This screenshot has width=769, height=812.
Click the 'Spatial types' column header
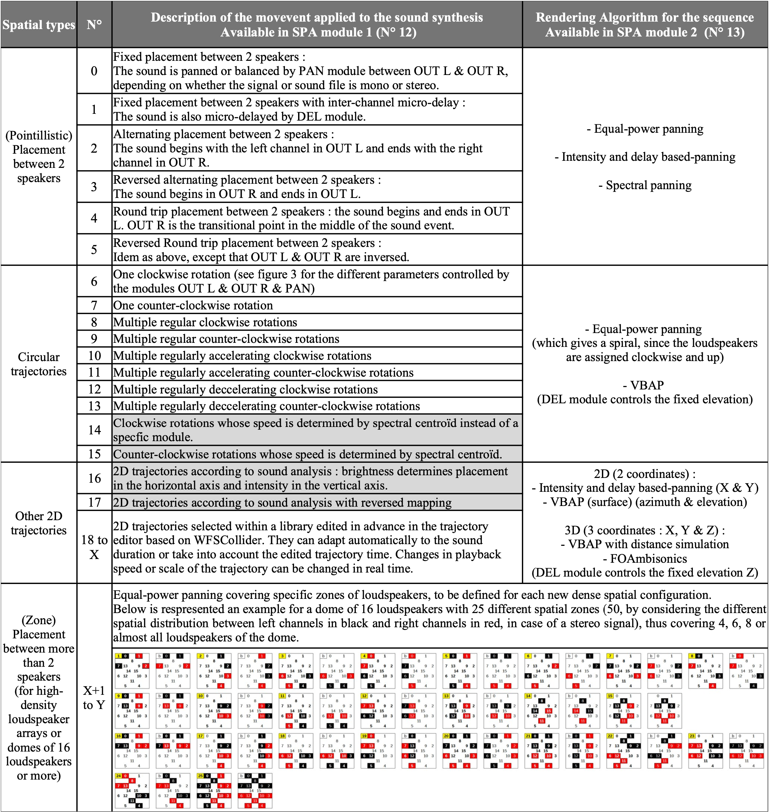(39, 25)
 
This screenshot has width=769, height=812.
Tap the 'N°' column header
(94, 25)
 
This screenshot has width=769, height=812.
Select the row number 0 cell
(94, 71)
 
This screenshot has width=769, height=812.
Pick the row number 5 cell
(94, 249)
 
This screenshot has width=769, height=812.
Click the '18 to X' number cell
(94, 547)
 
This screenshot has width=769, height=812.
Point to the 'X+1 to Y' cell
(94, 697)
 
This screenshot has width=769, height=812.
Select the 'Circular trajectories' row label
(39, 364)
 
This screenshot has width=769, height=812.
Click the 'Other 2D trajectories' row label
(39, 523)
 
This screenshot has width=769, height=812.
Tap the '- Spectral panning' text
(645, 185)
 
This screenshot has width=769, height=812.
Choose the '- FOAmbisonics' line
(645, 559)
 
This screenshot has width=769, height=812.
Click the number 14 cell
(94, 430)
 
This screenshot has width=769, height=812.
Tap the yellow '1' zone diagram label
(118, 656)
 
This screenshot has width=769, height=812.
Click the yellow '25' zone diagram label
(201, 776)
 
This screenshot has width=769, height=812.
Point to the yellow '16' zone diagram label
(118, 736)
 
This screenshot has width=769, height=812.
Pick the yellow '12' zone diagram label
(364, 696)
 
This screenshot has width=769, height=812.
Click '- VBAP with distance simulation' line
(645, 544)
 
